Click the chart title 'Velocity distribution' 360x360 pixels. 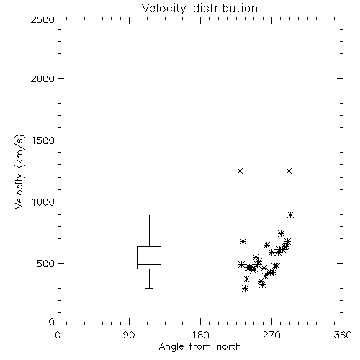pos(199,9)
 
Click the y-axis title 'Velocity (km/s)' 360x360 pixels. pos(19,171)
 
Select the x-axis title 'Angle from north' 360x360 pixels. pos(199,346)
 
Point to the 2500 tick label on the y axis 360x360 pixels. pos(42,19)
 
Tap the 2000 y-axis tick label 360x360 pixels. pos(42,78)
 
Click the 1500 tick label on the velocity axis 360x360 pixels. pos(43,140)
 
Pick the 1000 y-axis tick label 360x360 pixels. pos(43,202)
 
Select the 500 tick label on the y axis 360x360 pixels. pos(46,264)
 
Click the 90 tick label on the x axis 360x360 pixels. pos(129,335)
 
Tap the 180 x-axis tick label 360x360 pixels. pos(200,335)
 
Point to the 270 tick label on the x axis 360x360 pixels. pos(271,335)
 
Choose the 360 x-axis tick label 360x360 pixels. pos(343,335)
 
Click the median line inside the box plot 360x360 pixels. pos(149,264)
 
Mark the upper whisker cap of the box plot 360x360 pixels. pos(149,215)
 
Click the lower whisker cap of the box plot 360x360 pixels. pos(149,288)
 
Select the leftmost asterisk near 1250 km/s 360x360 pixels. pos(240,171)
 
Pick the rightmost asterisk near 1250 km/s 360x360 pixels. pos(289,171)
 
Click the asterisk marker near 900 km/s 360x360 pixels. pos(291,215)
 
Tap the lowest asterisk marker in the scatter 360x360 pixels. pos(245,289)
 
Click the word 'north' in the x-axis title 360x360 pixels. pos(229,346)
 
